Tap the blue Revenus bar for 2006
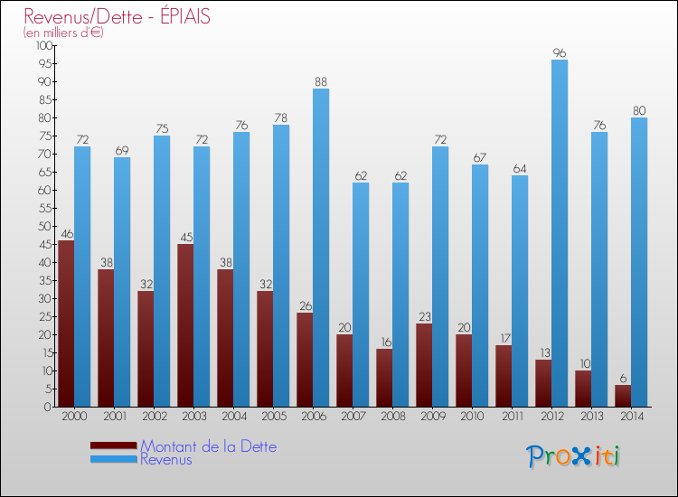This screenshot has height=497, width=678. pos(321,248)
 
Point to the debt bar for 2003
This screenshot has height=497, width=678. pos(185,325)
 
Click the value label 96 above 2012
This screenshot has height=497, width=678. pos(560,52)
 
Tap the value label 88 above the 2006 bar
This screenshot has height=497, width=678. pos(321,81)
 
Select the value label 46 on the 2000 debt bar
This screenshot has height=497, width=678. pos(66,233)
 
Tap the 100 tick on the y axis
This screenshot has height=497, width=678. pos(42,45)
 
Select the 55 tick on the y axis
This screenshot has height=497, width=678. pos(44,208)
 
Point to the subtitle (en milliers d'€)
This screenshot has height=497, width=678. pos(64,33)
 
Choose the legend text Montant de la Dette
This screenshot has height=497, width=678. pos(209,446)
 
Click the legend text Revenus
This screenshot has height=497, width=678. pos(166,459)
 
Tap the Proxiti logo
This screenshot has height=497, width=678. pos(574,456)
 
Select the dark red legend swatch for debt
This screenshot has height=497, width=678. pos(113,445)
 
